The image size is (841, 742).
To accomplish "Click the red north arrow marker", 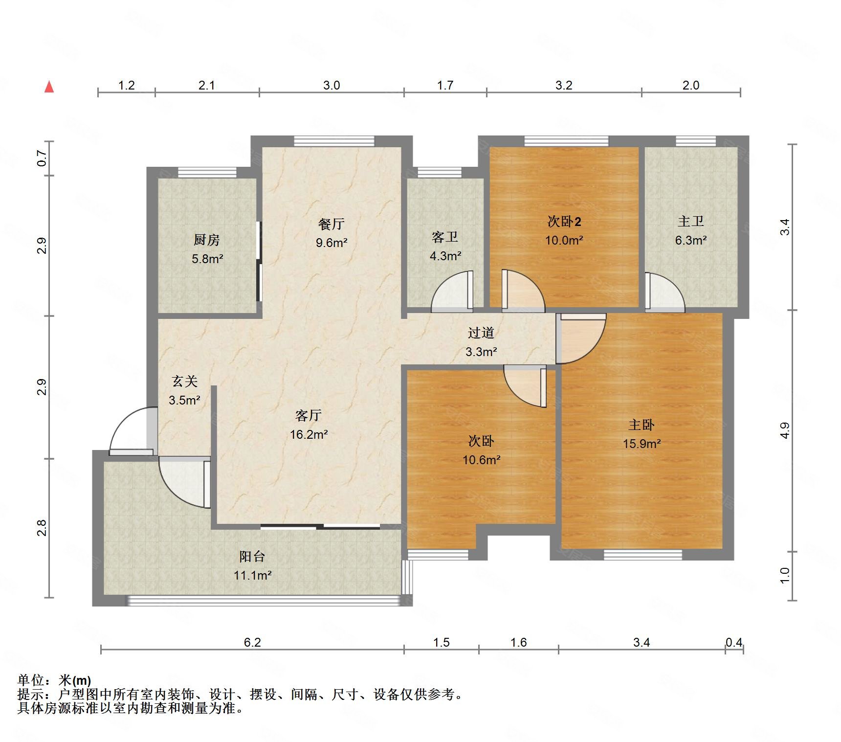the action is tap(49, 87).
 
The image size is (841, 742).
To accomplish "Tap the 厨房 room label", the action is tap(206, 240).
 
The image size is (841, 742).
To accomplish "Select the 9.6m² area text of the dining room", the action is tap(332, 243).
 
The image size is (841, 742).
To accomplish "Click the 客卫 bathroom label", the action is tap(445, 237).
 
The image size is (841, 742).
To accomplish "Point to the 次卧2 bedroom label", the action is tap(564, 222).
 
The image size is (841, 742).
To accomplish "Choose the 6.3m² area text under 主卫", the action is tap(691, 240).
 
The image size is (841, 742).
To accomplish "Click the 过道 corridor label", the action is tap(481, 333).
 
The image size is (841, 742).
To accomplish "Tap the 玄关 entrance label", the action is tap(185, 381).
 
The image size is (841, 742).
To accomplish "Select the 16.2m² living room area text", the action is tap(309, 434).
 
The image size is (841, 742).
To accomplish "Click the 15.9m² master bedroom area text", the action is tap(642, 444).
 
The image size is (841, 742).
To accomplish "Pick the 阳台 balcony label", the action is tap(252, 556).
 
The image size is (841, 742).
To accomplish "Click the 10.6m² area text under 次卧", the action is tap(482, 460).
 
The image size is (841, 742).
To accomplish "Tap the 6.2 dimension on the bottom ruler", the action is tap(252, 642).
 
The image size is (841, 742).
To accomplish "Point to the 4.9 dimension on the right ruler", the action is tap(784, 430).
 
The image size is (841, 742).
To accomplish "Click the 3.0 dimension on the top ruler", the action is tap(332, 85).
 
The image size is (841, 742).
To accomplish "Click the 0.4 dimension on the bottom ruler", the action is tap(734, 642).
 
